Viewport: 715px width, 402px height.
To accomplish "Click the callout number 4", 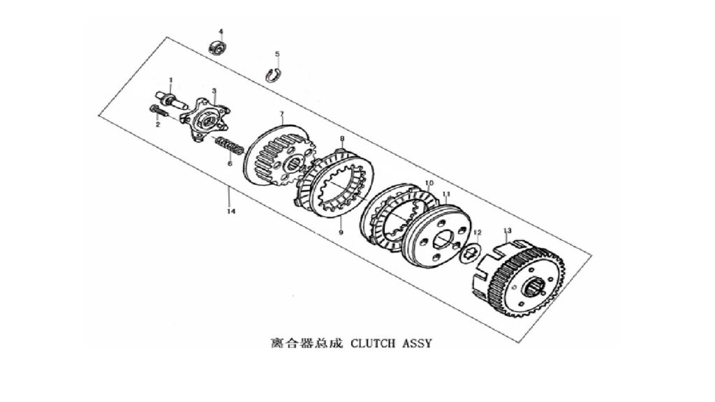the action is [221, 31].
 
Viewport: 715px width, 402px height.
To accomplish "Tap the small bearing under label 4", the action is [218, 47].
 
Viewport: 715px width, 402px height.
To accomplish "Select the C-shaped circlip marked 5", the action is [274, 75].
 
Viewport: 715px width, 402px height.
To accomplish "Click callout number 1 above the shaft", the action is [171, 80].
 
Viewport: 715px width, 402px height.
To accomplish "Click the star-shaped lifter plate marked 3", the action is [204, 119].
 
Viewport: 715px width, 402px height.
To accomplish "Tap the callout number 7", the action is [282, 114].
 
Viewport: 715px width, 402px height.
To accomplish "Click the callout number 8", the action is [342, 138].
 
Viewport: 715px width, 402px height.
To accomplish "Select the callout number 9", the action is [341, 232].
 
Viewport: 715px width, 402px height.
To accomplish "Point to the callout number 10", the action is [429, 184].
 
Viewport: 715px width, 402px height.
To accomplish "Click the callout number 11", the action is [446, 194].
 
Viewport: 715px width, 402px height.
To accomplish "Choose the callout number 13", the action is [508, 230].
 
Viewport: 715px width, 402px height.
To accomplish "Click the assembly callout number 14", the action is [231, 211].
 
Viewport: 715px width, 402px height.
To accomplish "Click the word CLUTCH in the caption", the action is [373, 343].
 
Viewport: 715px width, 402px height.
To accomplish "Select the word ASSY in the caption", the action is [416, 343].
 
